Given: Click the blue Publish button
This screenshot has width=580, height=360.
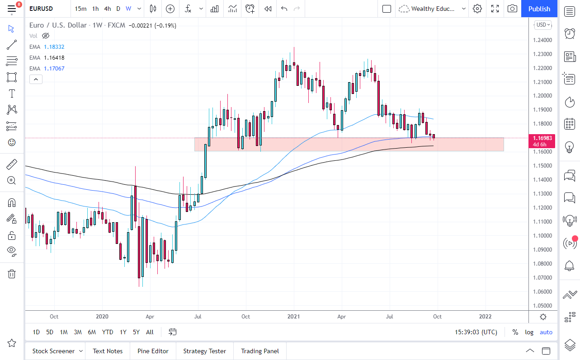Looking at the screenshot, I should pyautogui.click(x=539, y=9).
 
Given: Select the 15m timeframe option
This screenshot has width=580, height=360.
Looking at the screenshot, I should pyautogui.click(x=80, y=9).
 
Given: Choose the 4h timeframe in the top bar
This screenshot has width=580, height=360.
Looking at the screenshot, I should pyautogui.click(x=107, y=9).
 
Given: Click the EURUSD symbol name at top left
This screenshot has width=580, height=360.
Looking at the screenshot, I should pyautogui.click(x=41, y=9).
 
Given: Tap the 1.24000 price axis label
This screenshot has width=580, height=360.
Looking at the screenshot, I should pyautogui.click(x=542, y=40).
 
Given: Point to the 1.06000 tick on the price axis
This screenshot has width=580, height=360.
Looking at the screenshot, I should pyautogui.click(x=542, y=291).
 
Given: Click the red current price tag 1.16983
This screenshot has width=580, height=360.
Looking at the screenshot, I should pyautogui.click(x=542, y=138).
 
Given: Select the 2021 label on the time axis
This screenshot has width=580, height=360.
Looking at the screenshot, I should pyautogui.click(x=294, y=317).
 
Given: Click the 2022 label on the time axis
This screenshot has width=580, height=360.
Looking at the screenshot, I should pyautogui.click(x=486, y=317).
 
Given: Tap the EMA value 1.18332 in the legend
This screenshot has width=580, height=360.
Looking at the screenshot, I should pyautogui.click(x=54, y=47).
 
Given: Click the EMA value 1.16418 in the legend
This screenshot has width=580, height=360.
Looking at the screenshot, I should pyautogui.click(x=54, y=57).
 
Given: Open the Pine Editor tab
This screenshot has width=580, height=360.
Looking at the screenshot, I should pyautogui.click(x=153, y=351).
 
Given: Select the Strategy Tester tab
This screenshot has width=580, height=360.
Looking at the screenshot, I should pyautogui.click(x=204, y=351).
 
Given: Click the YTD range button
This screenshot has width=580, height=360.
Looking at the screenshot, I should pyautogui.click(x=108, y=332).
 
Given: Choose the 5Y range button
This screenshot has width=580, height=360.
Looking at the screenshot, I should pyautogui.click(x=136, y=332).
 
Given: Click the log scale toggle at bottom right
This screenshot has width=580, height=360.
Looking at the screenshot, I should pyautogui.click(x=529, y=332).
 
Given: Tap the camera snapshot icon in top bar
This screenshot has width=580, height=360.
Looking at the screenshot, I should pyautogui.click(x=512, y=9).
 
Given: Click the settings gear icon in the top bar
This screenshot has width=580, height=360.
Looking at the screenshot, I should pyautogui.click(x=477, y=9).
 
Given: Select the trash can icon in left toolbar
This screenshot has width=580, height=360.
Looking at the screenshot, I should pyautogui.click(x=12, y=274).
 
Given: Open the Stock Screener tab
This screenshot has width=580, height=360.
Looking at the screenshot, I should pyautogui.click(x=53, y=351).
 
